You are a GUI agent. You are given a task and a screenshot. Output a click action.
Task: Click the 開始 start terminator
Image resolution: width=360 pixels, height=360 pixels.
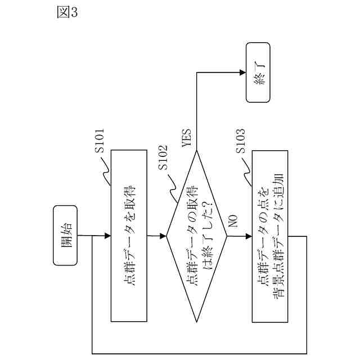coord(66,236)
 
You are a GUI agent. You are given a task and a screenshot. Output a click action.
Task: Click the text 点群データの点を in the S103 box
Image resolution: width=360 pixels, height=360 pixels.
coord(263,236)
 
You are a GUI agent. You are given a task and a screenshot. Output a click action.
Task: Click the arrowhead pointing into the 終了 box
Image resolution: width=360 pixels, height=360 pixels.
coord(242,72)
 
